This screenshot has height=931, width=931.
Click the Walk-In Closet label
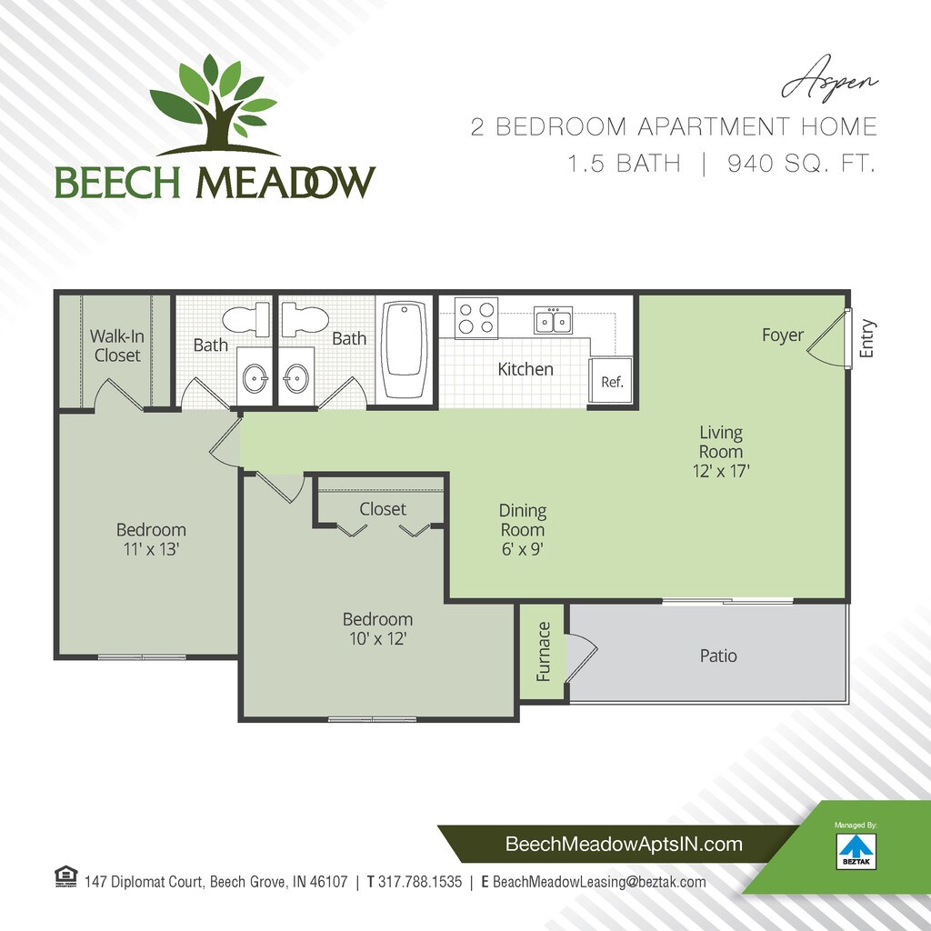pos(117,346)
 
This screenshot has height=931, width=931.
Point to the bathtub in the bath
pos(405,350)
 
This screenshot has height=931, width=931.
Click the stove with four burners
pos(476,318)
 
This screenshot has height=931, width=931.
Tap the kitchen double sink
pos(553,320)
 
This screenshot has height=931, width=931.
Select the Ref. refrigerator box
pos(612,382)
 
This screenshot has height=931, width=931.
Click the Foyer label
pos(783,335)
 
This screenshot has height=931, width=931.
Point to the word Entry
pos(866,337)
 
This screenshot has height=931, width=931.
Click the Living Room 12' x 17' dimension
pos(721,471)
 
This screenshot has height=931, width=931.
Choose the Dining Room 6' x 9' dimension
pos(522,549)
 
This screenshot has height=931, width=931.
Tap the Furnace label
pos(544,651)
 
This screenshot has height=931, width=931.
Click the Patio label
pos(718,656)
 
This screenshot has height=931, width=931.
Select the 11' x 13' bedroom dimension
pos(151,549)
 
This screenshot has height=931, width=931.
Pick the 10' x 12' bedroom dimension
pos(377,639)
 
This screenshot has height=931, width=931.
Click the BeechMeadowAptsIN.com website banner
pos(624,845)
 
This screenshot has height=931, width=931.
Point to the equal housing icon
pos(66,878)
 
